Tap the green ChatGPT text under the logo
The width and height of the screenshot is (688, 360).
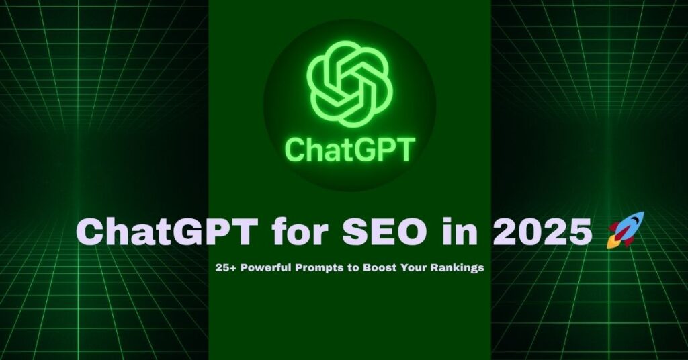[x=349, y=149]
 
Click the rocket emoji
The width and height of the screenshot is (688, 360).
[x=624, y=230]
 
